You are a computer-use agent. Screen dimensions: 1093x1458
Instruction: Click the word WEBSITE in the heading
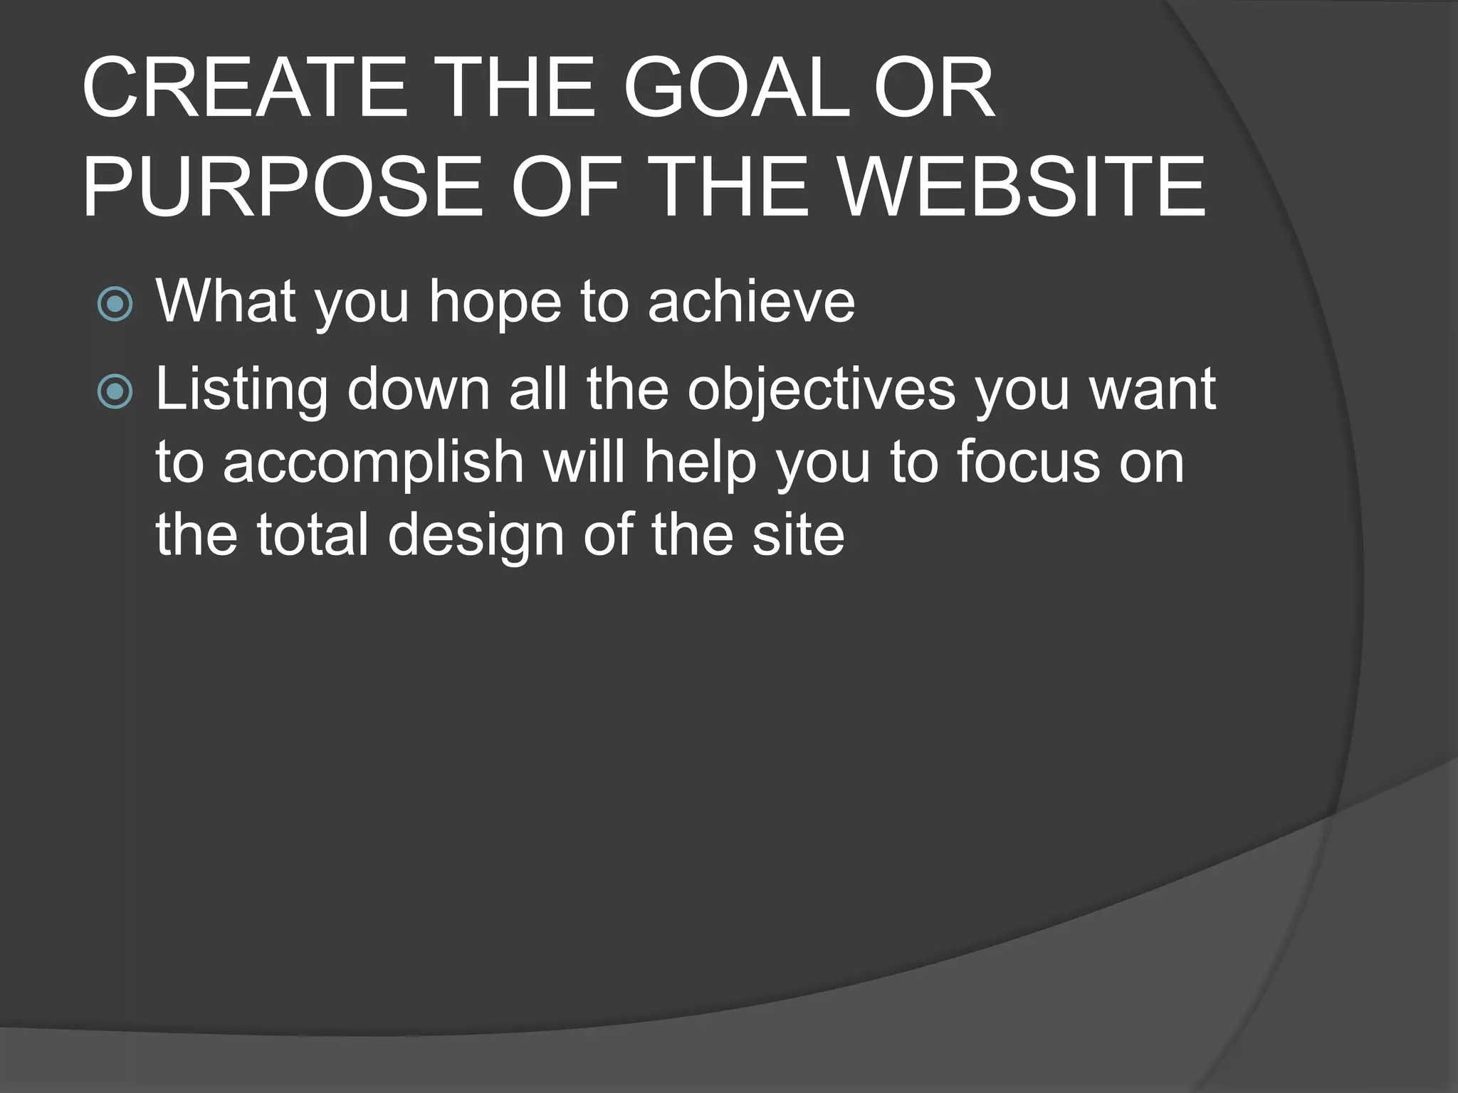1021,188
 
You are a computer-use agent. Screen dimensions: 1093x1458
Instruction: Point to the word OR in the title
933,88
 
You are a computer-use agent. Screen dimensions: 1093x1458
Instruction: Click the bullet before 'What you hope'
115,305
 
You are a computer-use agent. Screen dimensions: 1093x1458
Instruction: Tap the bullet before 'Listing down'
115,392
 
